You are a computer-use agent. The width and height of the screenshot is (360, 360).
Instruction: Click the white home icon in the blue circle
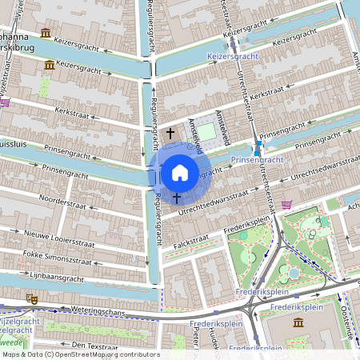(x=179, y=172)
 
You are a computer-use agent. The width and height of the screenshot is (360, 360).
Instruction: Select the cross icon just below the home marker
(x=176, y=196)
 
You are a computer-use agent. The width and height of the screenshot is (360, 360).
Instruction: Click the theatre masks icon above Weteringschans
(x=33, y=298)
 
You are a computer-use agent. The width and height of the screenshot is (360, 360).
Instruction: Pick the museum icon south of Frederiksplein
(x=298, y=322)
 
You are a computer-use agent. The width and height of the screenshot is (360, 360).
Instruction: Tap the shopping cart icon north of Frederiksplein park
(x=286, y=205)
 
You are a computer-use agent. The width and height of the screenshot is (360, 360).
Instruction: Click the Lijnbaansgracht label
(x=55, y=277)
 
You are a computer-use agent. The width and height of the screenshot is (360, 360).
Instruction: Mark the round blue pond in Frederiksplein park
(x=294, y=273)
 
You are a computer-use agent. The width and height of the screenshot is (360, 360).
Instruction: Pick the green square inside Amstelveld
(x=207, y=131)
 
